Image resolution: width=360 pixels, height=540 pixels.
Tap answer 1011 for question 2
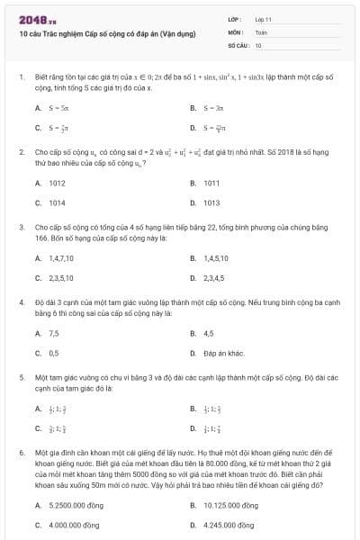[x=212, y=183]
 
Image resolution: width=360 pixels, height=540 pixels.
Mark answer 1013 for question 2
[x=212, y=202]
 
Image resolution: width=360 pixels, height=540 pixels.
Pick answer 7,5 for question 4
[x=54, y=333]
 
